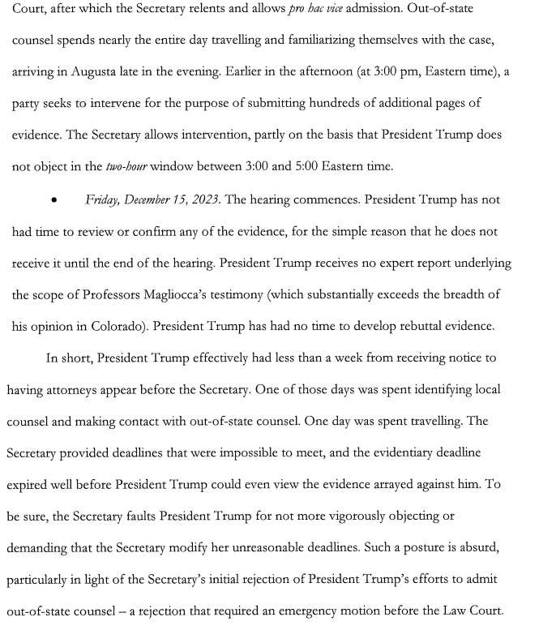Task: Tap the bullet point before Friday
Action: coord(53,200)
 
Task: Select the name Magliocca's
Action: coord(193,294)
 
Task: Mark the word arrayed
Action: coord(423,484)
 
